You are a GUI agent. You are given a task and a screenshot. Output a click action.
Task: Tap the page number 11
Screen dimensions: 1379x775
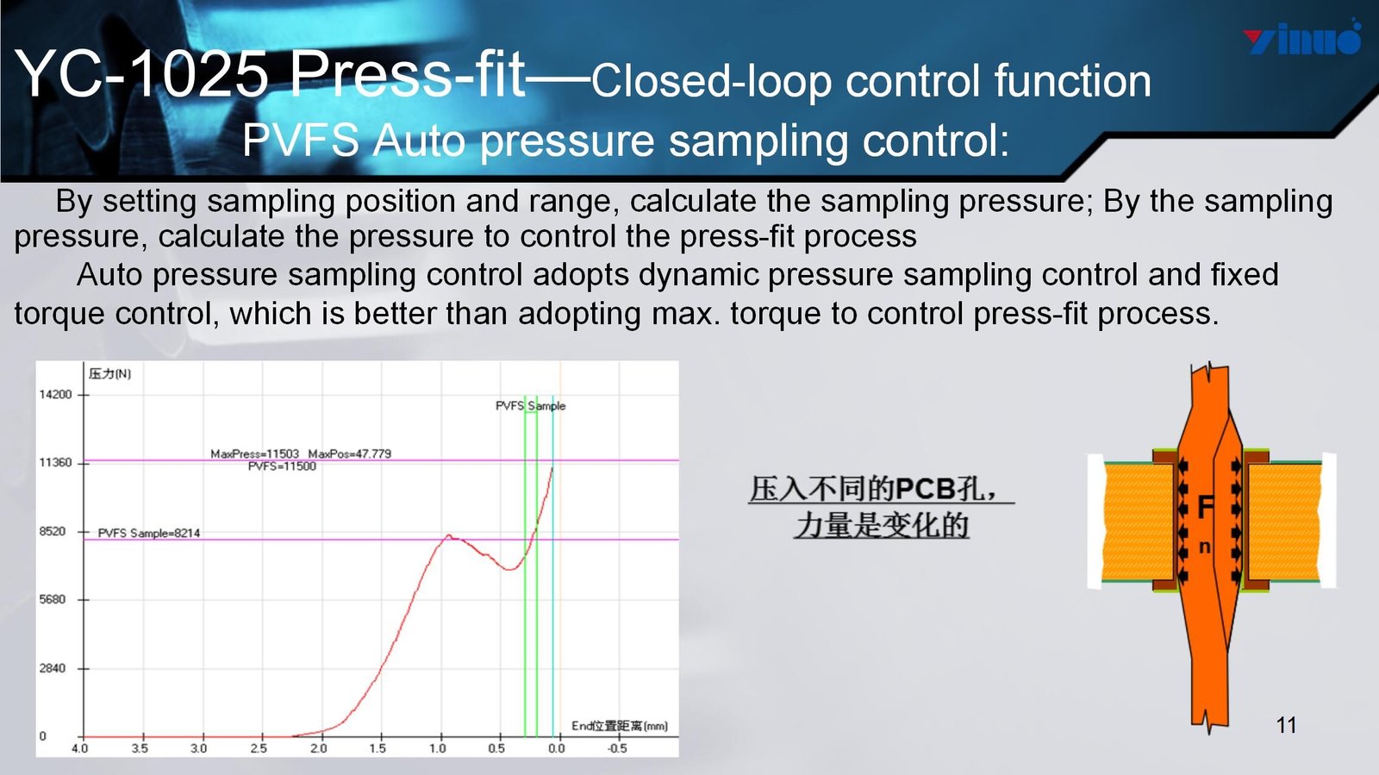[x=1286, y=725]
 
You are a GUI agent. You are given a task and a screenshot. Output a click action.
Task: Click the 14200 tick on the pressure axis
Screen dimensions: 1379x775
[x=55, y=395]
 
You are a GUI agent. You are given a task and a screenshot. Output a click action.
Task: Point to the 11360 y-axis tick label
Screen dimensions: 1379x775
[x=55, y=463]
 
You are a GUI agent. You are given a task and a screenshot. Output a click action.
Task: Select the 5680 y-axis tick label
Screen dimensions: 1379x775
[x=53, y=599]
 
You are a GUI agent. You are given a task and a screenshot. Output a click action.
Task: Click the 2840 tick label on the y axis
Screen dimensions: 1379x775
[x=53, y=668]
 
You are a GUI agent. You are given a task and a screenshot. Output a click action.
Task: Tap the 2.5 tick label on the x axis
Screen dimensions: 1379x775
[x=259, y=748]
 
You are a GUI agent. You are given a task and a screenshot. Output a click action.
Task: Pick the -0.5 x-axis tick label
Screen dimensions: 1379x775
[x=617, y=748]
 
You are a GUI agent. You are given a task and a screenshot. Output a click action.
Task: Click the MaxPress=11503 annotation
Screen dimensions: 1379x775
[x=255, y=453]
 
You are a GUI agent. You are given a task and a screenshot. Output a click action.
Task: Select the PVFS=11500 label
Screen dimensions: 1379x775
[x=282, y=466]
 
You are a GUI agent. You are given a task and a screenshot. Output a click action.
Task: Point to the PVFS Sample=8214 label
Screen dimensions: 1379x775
[x=149, y=533]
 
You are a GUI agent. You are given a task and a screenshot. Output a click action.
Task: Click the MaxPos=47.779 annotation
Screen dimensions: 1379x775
[x=350, y=453]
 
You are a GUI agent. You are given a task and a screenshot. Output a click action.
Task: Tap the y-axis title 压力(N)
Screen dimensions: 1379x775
[x=109, y=373]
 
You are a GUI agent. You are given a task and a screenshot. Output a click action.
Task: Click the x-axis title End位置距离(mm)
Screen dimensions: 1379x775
[x=620, y=727]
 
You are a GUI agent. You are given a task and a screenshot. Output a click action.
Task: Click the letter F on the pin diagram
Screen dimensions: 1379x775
[x=1206, y=508]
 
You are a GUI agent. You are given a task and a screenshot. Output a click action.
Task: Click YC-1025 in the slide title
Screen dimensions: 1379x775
[x=141, y=74]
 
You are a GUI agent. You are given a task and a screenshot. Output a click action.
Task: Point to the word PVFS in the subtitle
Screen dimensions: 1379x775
[x=301, y=141]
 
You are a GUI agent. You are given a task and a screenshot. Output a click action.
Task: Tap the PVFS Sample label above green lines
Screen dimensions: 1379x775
[x=530, y=406]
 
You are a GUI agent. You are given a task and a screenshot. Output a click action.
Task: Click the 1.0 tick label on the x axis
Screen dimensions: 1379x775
[x=438, y=748]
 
